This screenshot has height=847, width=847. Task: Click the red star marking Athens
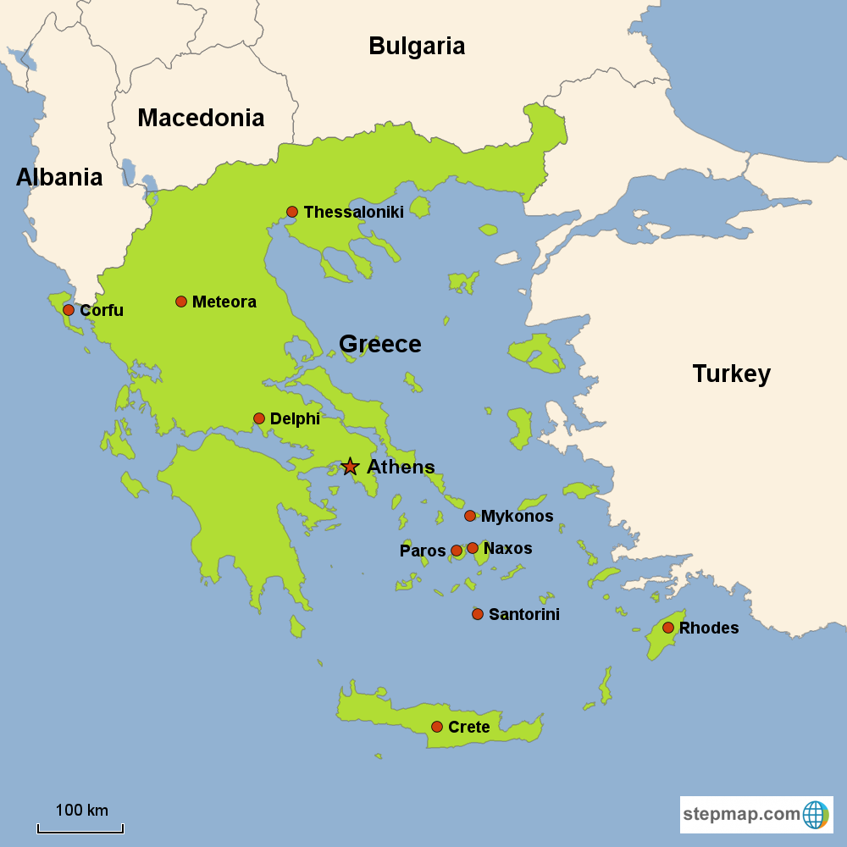[350, 467]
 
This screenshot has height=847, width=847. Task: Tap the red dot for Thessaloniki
[292, 212]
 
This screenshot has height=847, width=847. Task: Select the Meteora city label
[224, 302]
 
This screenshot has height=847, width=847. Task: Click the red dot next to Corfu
[69, 310]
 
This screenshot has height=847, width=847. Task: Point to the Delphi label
[295, 418]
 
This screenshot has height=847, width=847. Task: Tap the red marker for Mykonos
[470, 516]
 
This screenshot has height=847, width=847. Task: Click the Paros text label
[423, 551]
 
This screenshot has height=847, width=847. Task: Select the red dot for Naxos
[473, 548]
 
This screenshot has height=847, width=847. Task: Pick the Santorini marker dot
[478, 614]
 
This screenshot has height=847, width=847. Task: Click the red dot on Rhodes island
[668, 628]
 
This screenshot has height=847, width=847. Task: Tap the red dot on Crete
[437, 727]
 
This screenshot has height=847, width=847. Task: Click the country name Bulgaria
[417, 46]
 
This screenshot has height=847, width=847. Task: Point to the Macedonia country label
[201, 118]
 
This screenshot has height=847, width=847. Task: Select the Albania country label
[59, 177]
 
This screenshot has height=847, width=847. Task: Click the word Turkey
[731, 374]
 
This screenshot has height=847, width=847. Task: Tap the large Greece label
[379, 344]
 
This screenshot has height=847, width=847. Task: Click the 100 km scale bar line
[80, 831]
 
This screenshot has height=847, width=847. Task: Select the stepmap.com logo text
[741, 815]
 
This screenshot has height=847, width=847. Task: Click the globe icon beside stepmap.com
[815, 815]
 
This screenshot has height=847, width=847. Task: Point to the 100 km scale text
[81, 811]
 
